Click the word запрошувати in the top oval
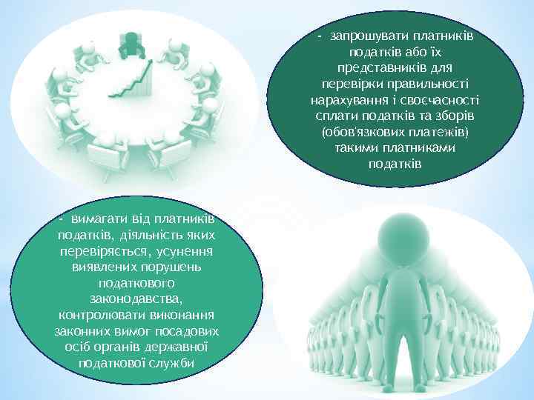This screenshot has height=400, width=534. point(363,36)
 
